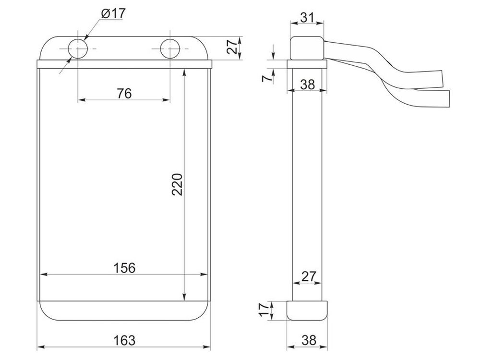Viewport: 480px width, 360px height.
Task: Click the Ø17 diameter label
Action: point(113,13)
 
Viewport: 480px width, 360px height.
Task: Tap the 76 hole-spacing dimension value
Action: point(124,93)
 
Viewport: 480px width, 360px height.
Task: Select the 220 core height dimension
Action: point(177,184)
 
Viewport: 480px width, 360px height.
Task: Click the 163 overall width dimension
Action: point(124,340)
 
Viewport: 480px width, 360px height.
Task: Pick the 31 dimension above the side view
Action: point(307,17)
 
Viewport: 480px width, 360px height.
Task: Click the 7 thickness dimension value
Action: point(267,78)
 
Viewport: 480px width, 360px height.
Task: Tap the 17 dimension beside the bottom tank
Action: point(264,310)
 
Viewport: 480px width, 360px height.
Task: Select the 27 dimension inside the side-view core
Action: point(308,276)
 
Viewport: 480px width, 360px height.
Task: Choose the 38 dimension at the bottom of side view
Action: point(309,340)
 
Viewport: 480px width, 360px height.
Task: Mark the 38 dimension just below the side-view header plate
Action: point(307,84)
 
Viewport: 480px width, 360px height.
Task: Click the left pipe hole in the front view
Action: point(78,48)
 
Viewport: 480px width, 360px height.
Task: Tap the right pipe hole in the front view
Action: point(170,48)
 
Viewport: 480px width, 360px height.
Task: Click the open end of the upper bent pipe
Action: point(442,79)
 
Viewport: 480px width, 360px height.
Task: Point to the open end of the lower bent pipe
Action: point(448,98)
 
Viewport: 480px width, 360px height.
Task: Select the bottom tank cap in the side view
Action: point(307,311)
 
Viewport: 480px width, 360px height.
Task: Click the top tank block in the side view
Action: point(307,48)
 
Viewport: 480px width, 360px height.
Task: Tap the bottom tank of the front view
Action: point(124,311)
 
